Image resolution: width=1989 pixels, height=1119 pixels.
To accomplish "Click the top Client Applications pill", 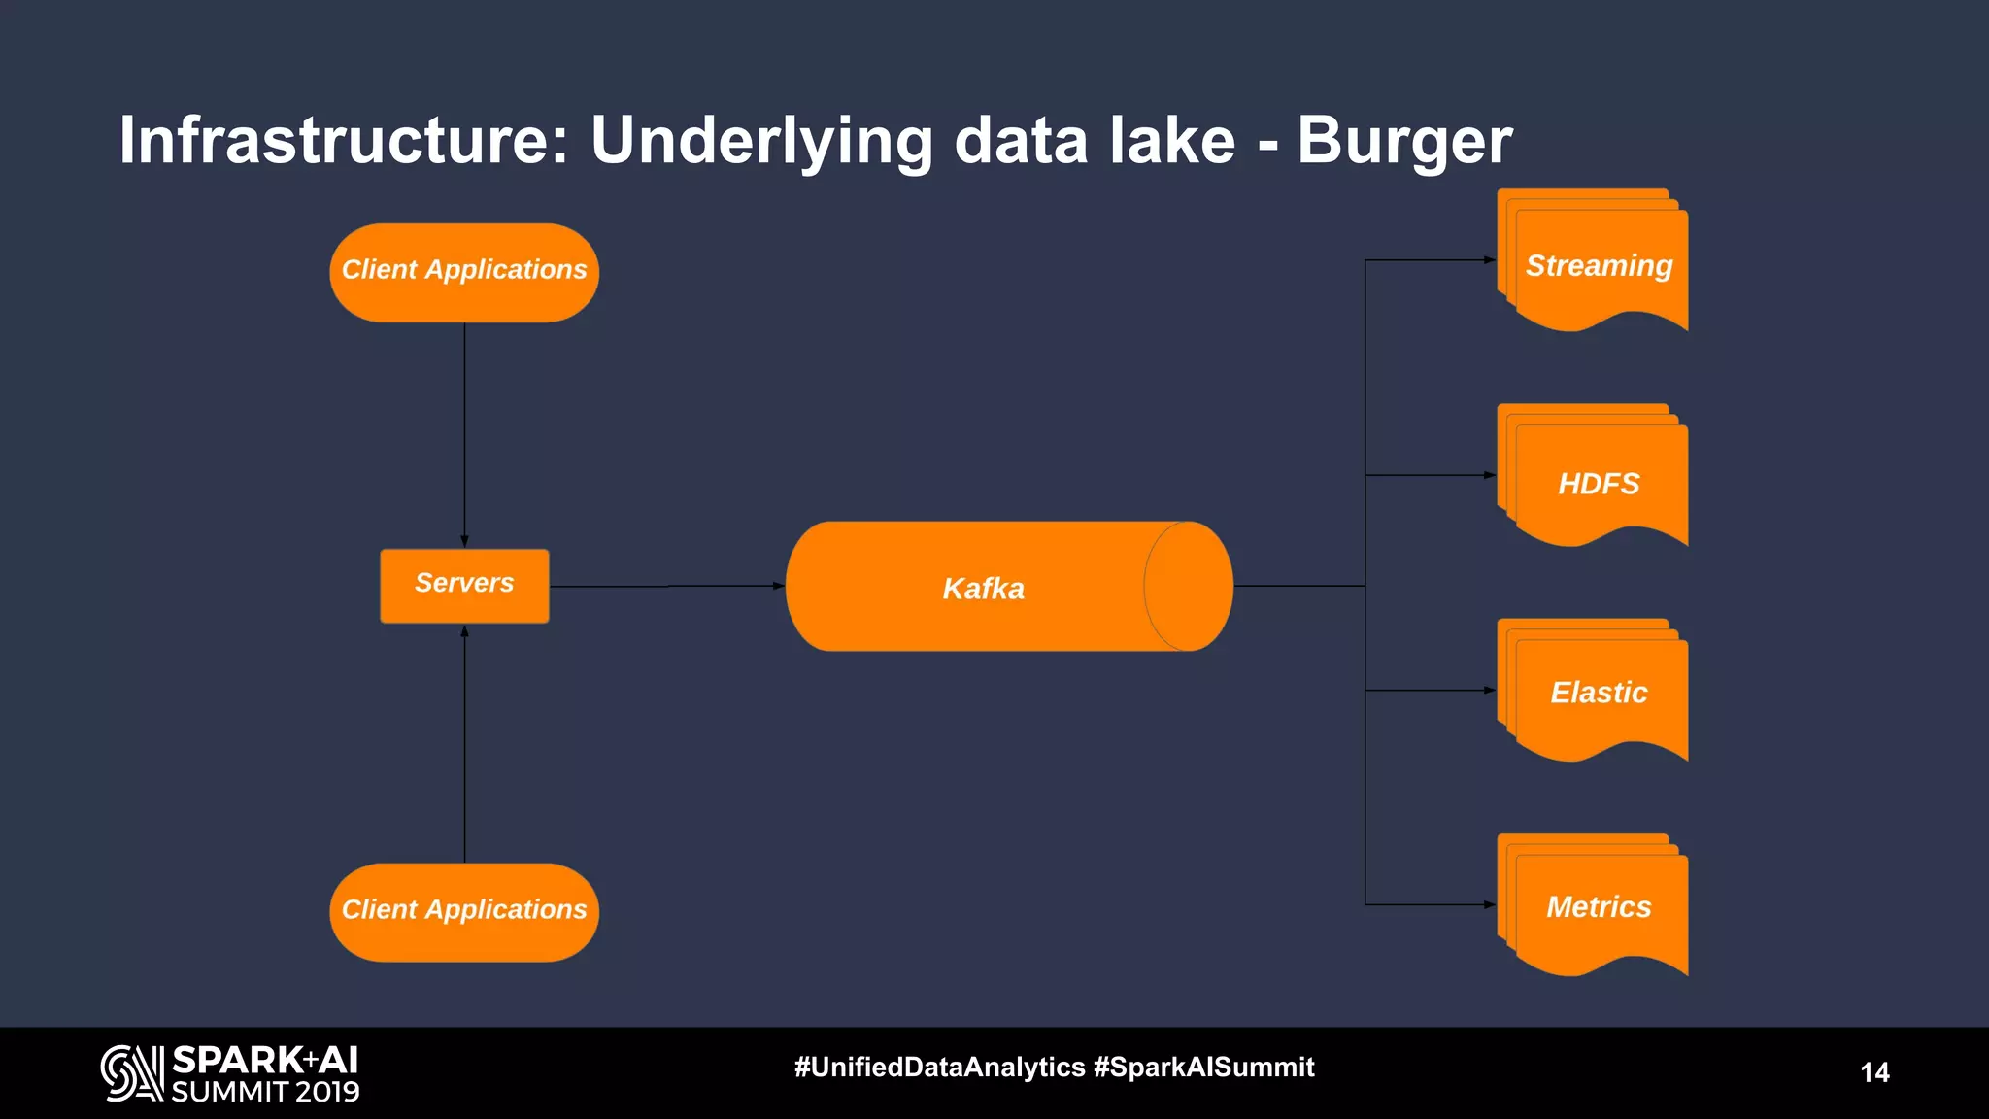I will pos(464,272).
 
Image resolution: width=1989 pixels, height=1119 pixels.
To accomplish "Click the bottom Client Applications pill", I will pos(464,911).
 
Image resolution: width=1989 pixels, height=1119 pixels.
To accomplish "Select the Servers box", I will pos(464,585).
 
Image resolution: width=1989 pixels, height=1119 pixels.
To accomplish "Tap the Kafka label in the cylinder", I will pos(983,589).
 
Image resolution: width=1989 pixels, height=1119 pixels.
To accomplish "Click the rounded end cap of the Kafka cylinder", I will pos(1188,586).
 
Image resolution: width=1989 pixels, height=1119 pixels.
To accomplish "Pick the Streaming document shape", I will pos(1598,264).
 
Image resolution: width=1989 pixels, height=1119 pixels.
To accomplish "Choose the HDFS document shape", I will pos(1598,482).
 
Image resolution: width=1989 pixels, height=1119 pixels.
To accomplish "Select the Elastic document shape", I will pos(1598,692).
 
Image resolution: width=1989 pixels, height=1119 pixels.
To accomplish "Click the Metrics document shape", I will pos(1598,906).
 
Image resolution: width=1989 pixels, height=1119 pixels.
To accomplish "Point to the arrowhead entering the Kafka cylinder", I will pos(778,586).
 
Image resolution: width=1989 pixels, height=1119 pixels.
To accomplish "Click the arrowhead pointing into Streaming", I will pos(1490,260).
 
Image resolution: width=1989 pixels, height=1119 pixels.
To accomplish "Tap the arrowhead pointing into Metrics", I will pos(1490,904).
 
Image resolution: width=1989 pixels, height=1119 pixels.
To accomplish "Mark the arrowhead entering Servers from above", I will pos(464,541).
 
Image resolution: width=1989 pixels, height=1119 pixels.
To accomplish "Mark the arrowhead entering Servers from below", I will pos(464,631).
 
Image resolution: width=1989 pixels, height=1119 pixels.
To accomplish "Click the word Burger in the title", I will pos(1404,142).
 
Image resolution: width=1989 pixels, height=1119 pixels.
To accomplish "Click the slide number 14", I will pos(1874,1072).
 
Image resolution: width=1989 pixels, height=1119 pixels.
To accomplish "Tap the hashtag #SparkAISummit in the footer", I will pos(1203,1067).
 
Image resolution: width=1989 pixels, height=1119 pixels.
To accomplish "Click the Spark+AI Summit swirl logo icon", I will pos(132,1072).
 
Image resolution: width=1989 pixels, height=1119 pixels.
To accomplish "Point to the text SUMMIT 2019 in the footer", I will pos(265,1092).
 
